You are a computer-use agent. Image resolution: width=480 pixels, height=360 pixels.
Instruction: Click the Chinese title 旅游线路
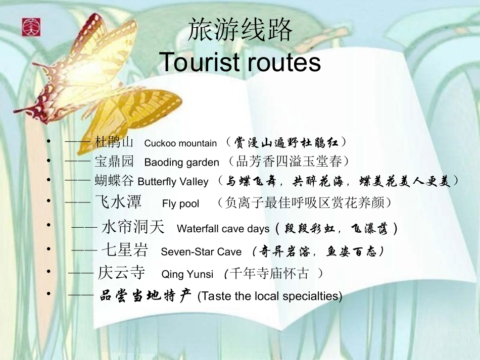click(x=240, y=30)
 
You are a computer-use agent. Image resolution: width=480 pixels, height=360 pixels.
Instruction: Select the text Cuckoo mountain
click(x=180, y=143)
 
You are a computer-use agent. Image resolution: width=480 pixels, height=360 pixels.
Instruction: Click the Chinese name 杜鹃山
click(x=114, y=142)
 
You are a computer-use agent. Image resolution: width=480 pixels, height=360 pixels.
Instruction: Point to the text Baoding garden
click(x=182, y=163)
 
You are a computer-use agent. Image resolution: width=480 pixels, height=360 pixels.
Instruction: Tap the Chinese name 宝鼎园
click(x=114, y=162)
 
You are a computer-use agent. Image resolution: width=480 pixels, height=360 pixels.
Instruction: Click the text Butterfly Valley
click(x=173, y=182)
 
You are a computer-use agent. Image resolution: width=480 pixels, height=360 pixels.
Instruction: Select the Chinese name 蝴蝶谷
click(x=115, y=181)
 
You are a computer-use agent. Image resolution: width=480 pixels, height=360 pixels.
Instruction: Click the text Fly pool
click(x=181, y=204)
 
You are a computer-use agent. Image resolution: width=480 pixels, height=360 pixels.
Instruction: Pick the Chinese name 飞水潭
click(x=118, y=202)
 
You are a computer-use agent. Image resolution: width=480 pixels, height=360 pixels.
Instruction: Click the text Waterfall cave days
click(x=223, y=229)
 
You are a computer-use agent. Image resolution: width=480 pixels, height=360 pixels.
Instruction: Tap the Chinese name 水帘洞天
click(x=133, y=227)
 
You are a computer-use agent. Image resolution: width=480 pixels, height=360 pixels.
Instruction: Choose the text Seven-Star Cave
click(x=201, y=251)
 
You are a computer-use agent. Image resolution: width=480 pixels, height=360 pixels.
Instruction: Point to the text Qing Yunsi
click(x=187, y=274)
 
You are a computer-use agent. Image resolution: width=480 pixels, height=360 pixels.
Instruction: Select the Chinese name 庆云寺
click(x=121, y=273)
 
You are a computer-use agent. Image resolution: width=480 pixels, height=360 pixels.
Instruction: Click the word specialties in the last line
click(x=314, y=296)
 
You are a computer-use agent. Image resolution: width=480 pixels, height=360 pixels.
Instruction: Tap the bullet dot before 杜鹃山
click(x=48, y=142)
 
